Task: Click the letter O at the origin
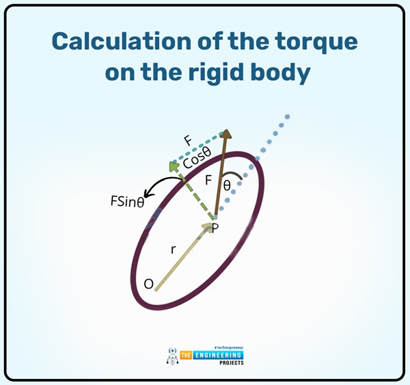pyautogui.click(x=148, y=282)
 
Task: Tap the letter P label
pyautogui.click(x=215, y=228)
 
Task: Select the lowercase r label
pyautogui.click(x=173, y=250)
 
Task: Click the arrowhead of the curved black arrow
pyautogui.click(x=148, y=196)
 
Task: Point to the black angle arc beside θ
pyautogui.click(x=237, y=178)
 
